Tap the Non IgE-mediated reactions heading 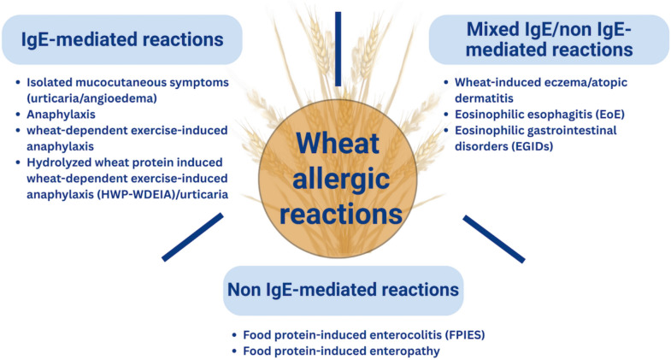343,290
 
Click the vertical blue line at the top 339,48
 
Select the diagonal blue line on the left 192,236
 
